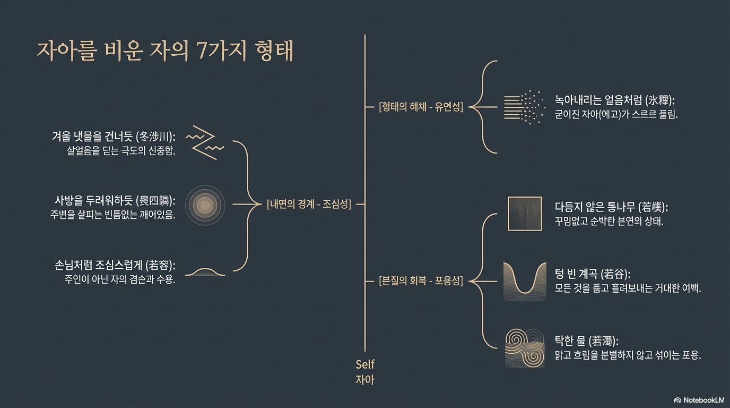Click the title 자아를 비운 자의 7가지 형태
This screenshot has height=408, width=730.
pyautogui.click(x=165, y=51)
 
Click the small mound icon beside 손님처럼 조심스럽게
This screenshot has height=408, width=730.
pyautogui.click(x=205, y=271)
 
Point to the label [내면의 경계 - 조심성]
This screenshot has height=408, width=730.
pyautogui.click(x=308, y=204)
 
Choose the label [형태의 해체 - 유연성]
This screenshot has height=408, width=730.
pyautogui.click(x=421, y=107)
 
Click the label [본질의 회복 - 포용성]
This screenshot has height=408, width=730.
pyautogui.click(x=421, y=281)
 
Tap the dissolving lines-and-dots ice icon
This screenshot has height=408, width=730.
pyautogui.click(x=524, y=107)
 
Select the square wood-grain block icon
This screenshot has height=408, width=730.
pyautogui.click(x=525, y=214)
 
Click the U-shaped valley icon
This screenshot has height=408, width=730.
pyautogui.click(x=525, y=280)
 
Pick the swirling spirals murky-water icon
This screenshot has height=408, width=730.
pyautogui.click(x=525, y=348)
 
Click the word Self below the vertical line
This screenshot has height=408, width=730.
pyautogui.click(x=365, y=364)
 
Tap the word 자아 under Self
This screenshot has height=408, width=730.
pyautogui.click(x=365, y=380)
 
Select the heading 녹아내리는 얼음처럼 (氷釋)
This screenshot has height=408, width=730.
pyautogui.click(x=618, y=100)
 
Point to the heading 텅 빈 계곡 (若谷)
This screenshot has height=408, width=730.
pyautogui.click(x=593, y=274)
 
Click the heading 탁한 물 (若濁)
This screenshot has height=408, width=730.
pyautogui.click(x=587, y=341)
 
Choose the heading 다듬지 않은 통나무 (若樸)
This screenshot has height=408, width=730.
pyautogui.click(x=611, y=207)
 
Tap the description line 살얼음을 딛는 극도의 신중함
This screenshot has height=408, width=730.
pyautogui.click(x=121, y=151)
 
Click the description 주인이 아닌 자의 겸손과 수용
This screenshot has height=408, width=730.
pyautogui.click(x=119, y=279)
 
